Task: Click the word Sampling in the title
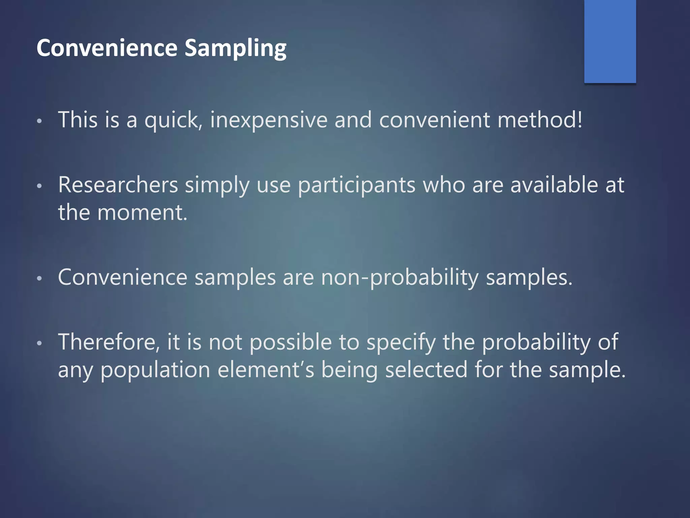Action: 236,48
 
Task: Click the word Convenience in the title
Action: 107,48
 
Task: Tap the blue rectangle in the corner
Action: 610,41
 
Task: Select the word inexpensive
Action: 269,120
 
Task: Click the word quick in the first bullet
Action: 171,121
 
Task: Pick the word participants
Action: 356,186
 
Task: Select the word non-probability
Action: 399,278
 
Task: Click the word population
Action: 155,370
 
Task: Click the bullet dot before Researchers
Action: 39,186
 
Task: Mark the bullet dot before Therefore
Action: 39,343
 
